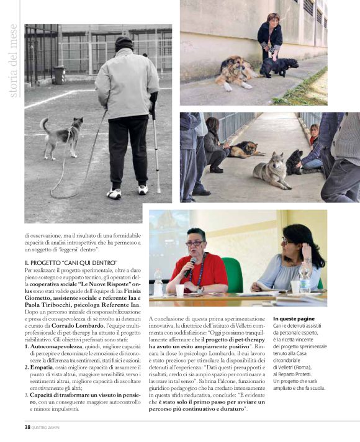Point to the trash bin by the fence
coord(59,74)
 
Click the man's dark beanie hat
coord(125,43)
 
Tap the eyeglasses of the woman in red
coord(194,243)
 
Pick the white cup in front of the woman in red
coord(179,290)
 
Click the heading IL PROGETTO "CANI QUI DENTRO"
coord(71,264)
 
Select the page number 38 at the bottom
coord(28,426)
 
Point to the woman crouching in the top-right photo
coord(271,37)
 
